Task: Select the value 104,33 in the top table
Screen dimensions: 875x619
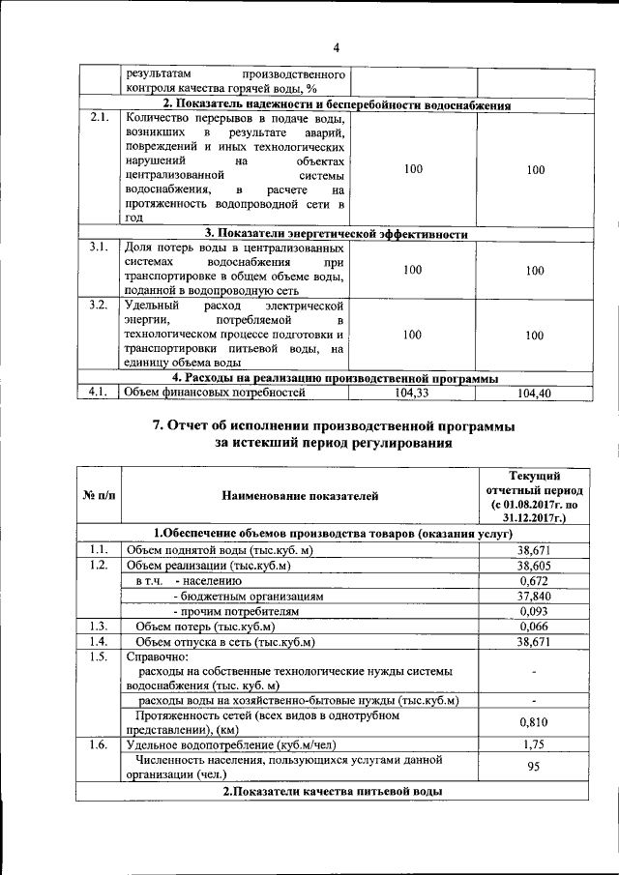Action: point(413,393)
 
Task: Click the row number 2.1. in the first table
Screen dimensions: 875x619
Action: point(97,118)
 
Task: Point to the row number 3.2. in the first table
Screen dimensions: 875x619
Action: point(97,306)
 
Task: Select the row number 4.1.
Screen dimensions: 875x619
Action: point(97,393)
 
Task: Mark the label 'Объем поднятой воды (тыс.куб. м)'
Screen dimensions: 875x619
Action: point(221,550)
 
